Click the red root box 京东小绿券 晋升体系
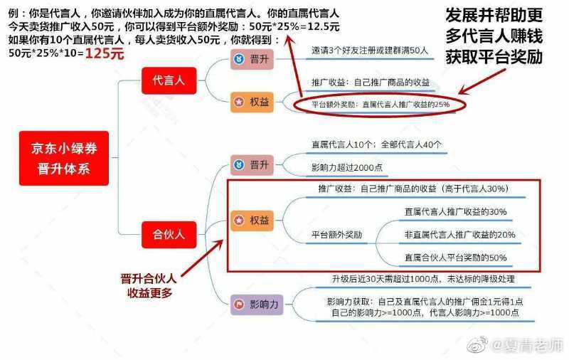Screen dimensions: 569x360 pyautogui.click(x=64, y=159)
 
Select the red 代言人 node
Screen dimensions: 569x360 pyautogui.click(x=169, y=81)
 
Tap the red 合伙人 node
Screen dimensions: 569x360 pyautogui.click(x=169, y=232)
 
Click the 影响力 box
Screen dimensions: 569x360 pyautogui.click(x=257, y=305)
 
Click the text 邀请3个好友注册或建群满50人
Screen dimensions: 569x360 pyautogui.click(x=369, y=51)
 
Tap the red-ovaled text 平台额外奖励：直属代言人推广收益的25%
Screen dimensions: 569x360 pyautogui.click(x=380, y=105)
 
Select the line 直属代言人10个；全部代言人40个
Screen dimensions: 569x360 pyautogui.click(x=376, y=144)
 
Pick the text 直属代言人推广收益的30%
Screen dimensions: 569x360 pyautogui.click(x=455, y=211)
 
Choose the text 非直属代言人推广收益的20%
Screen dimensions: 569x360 pyautogui.click(x=459, y=234)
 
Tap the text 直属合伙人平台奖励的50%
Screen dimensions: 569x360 pyautogui.click(x=455, y=258)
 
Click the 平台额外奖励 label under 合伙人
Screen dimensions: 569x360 pyautogui.click(x=336, y=234)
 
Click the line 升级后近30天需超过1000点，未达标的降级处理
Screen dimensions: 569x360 pyautogui.click(x=423, y=279)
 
